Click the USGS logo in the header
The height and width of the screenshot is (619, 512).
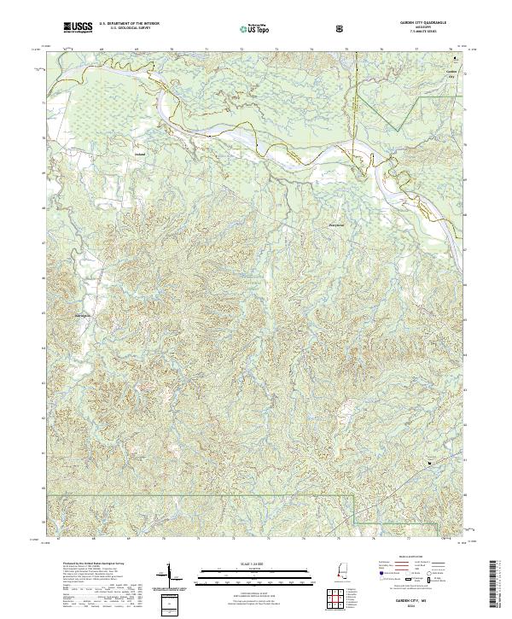78,29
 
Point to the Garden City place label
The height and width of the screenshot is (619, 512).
452,73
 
